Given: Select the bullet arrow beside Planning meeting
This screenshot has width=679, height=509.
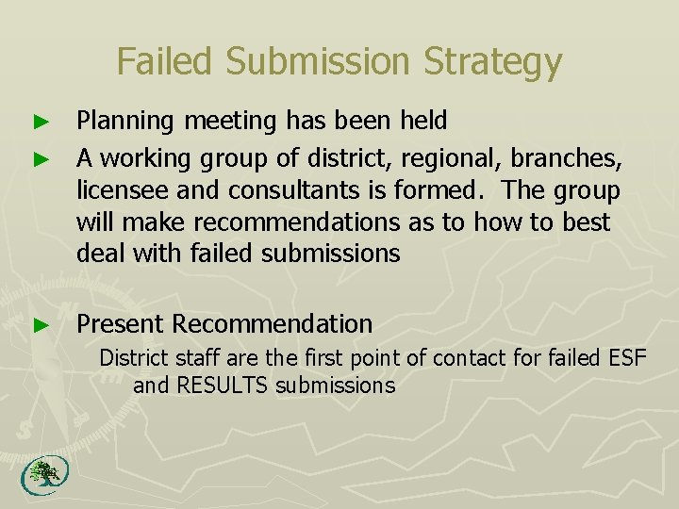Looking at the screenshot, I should [x=39, y=122].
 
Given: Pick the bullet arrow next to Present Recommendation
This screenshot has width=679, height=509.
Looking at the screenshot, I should [x=39, y=325].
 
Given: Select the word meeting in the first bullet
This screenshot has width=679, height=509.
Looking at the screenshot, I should [x=216, y=122].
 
